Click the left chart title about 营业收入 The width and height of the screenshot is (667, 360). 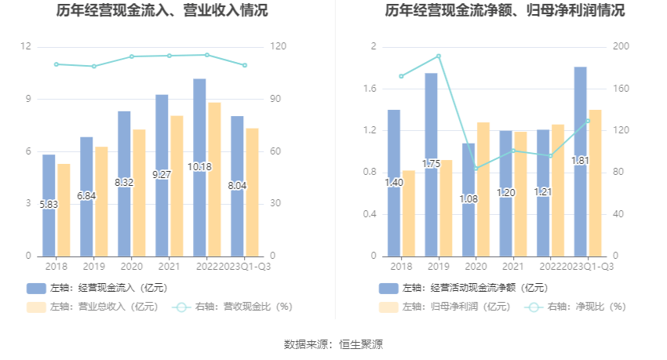coord(162,11)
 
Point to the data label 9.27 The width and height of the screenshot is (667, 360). coord(162,174)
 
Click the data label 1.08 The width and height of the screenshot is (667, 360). coord(468,199)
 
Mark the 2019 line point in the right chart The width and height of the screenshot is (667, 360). coord(439,56)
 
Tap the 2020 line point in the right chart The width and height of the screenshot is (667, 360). coord(476,169)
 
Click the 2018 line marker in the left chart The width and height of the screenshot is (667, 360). coord(56,64)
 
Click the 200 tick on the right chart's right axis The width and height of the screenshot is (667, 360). coord(621,47)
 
